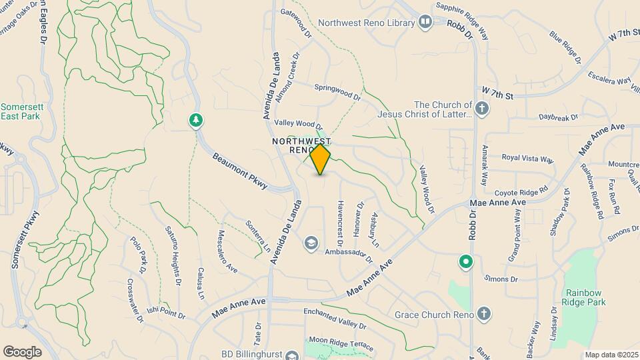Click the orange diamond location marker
321,159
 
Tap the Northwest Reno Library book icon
425,23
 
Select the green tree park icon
196,120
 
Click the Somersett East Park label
20,111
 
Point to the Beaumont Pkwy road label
239,171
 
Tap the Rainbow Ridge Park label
586,297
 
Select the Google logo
23,351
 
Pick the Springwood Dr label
337,92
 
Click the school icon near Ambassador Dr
311,243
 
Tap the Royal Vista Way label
528,159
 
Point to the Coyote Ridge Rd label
525,190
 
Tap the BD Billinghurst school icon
291,355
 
